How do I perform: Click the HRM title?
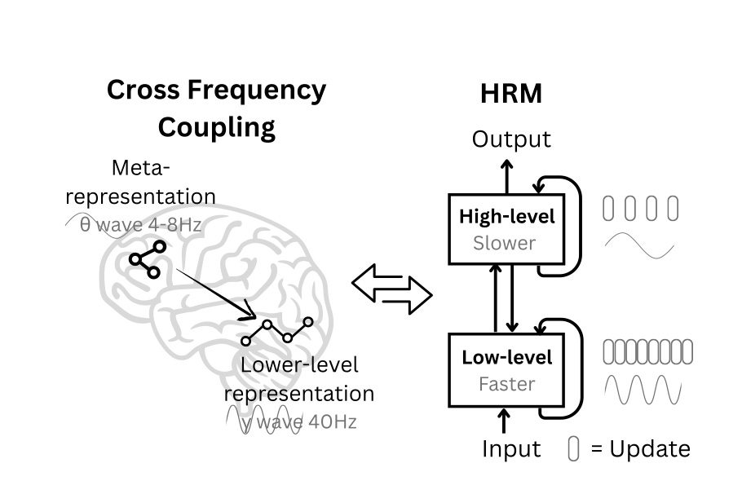tap(511, 94)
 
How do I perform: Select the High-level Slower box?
tap(506, 229)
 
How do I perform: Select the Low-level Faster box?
tap(506, 369)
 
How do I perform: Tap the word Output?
tap(511, 139)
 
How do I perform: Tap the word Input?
tap(510, 448)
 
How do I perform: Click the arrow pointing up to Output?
tap(506, 174)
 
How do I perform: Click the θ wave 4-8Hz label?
tap(140, 224)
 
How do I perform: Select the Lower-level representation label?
tap(299, 379)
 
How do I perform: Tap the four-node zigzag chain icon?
tap(277, 329)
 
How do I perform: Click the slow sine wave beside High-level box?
tap(639, 245)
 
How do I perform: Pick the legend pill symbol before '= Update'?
tap(573, 449)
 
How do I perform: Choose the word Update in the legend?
tap(650, 448)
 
